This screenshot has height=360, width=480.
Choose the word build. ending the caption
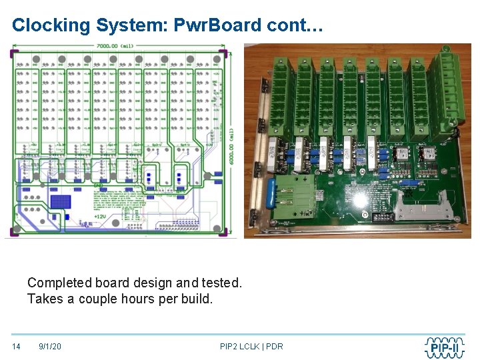click(x=197, y=299)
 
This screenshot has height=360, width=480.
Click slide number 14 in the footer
click(x=17, y=347)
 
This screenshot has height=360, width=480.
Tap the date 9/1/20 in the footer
click(x=50, y=347)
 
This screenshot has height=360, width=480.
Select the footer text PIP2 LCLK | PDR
click(x=251, y=347)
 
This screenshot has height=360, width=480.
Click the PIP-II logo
click(x=447, y=347)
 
